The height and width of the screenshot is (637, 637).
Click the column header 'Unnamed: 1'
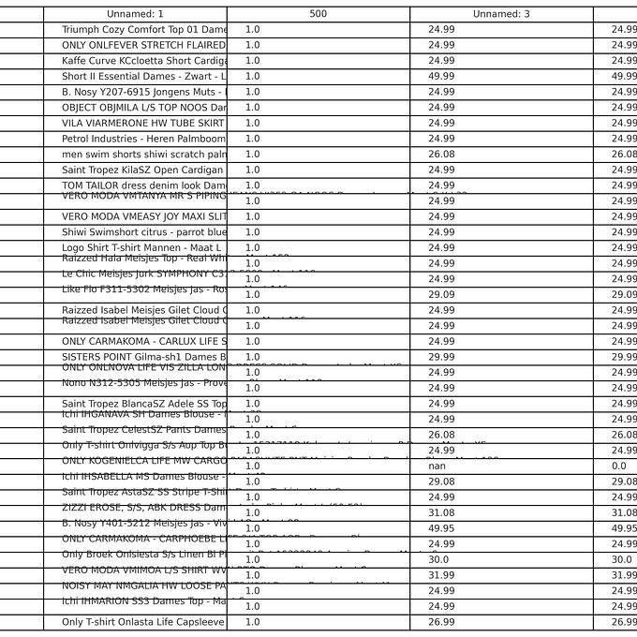coord(135,14)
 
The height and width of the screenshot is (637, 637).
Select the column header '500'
coord(318,14)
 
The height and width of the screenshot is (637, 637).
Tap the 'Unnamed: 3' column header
coord(501,14)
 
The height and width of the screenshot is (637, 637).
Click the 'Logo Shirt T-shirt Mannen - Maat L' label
coord(141,247)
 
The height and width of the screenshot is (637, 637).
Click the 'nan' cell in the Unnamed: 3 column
coord(437,466)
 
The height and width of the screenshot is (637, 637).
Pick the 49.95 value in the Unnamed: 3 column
coord(441,528)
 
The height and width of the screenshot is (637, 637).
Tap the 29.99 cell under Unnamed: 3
coord(441,357)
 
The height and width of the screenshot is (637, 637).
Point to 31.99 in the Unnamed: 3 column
coord(441,575)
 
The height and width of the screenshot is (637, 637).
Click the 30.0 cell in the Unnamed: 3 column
coord(438,559)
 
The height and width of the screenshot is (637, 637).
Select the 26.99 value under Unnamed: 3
coord(441,622)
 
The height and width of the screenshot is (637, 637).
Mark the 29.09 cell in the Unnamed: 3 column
coord(441,294)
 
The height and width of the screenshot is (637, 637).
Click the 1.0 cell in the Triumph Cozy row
coord(253,30)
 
